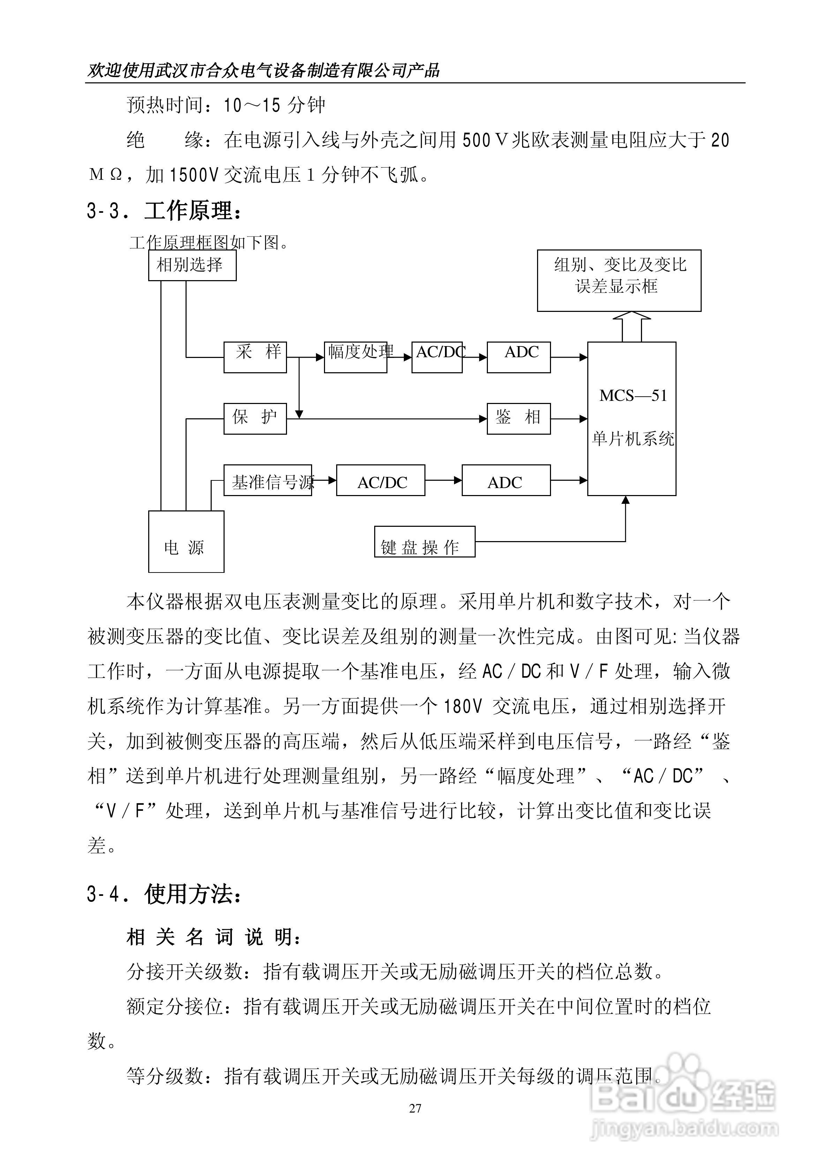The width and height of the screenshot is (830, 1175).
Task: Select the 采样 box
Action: (255, 357)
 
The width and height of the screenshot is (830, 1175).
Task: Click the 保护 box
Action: (255, 419)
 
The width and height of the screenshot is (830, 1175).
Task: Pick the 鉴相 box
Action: (518, 419)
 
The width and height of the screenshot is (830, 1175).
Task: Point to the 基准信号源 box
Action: (267, 480)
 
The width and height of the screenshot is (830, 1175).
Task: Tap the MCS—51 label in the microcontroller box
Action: (633, 396)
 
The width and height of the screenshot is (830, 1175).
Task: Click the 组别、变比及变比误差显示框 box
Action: (619, 280)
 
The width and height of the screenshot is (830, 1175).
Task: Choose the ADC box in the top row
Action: (518, 357)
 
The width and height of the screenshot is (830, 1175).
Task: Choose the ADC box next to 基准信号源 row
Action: (506, 480)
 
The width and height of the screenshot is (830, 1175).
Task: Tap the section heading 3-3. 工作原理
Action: (164, 211)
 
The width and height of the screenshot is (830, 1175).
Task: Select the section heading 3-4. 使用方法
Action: (164, 894)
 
